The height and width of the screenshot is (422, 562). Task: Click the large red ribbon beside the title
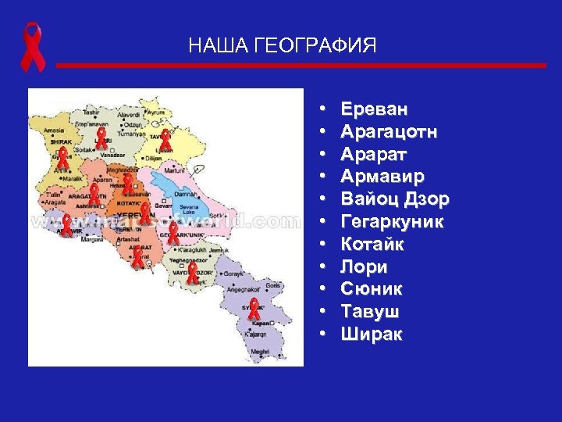click(x=33, y=48)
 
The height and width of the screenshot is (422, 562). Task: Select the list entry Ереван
click(x=374, y=109)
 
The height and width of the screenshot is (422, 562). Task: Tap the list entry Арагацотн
click(x=389, y=132)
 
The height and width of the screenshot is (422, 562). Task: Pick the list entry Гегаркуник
click(x=392, y=222)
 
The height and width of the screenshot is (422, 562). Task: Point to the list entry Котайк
click(x=372, y=245)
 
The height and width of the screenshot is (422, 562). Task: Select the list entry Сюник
click(x=372, y=289)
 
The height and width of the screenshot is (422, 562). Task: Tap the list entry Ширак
click(x=372, y=334)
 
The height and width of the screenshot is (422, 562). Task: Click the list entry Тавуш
click(x=370, y=312)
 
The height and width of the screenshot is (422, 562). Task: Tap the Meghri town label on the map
click(x=260, y=352)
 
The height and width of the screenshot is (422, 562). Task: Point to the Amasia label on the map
click(x=54, y=131)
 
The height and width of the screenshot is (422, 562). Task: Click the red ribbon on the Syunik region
click(x=254, y=309)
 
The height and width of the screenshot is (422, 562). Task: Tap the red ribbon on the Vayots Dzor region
click(x=193, y=272)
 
